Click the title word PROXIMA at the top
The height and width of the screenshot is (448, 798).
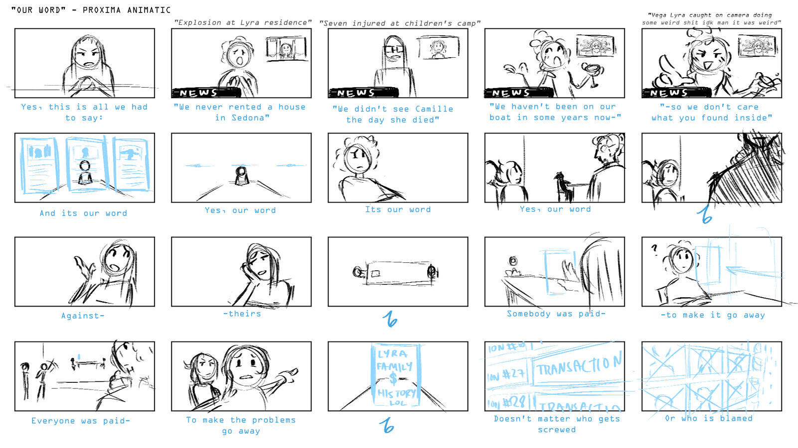(x=102, y=10)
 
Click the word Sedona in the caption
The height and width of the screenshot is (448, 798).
(x=248, y=118)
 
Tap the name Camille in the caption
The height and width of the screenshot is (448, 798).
(x=434, y=109)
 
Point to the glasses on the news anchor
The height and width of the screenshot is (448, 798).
(x=394, y=50)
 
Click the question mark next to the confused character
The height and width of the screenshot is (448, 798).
(x=655, y=248)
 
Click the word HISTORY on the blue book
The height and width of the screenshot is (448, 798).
(x=396, y=393)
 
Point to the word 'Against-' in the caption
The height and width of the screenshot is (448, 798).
(x=83, y=316)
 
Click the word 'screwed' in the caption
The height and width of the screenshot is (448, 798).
(x=557, y=430)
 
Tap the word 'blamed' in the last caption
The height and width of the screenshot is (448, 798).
(x=736, y=418)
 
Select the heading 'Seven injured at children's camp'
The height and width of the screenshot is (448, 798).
(x=399, y=23)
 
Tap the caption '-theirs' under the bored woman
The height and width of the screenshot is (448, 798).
(x=242, y=314)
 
